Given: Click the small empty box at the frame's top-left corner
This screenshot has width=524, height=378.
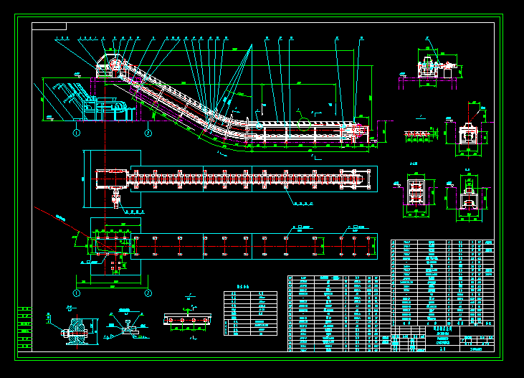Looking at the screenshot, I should click(x=49, y=27).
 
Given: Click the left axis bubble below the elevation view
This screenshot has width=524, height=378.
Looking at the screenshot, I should click(x=77, y=133).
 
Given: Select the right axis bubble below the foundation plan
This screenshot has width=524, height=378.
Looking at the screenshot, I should click(x=148, y=293).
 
